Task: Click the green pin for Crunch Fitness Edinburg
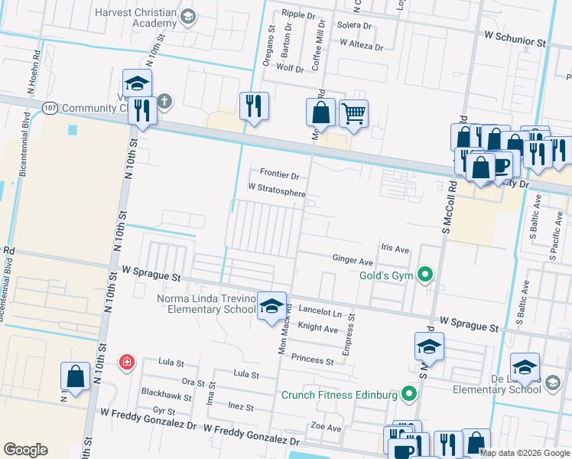pos(409,396)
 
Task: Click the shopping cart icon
pos(353,114)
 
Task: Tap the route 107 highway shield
pos(50,108)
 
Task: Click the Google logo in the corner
pos(25,450)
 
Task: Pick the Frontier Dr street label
pos(279,174)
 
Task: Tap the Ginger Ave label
pos(353,261)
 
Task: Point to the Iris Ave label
pos(395,249)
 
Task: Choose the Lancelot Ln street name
pos(320,313)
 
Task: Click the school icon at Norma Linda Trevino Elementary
pos(272,307)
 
